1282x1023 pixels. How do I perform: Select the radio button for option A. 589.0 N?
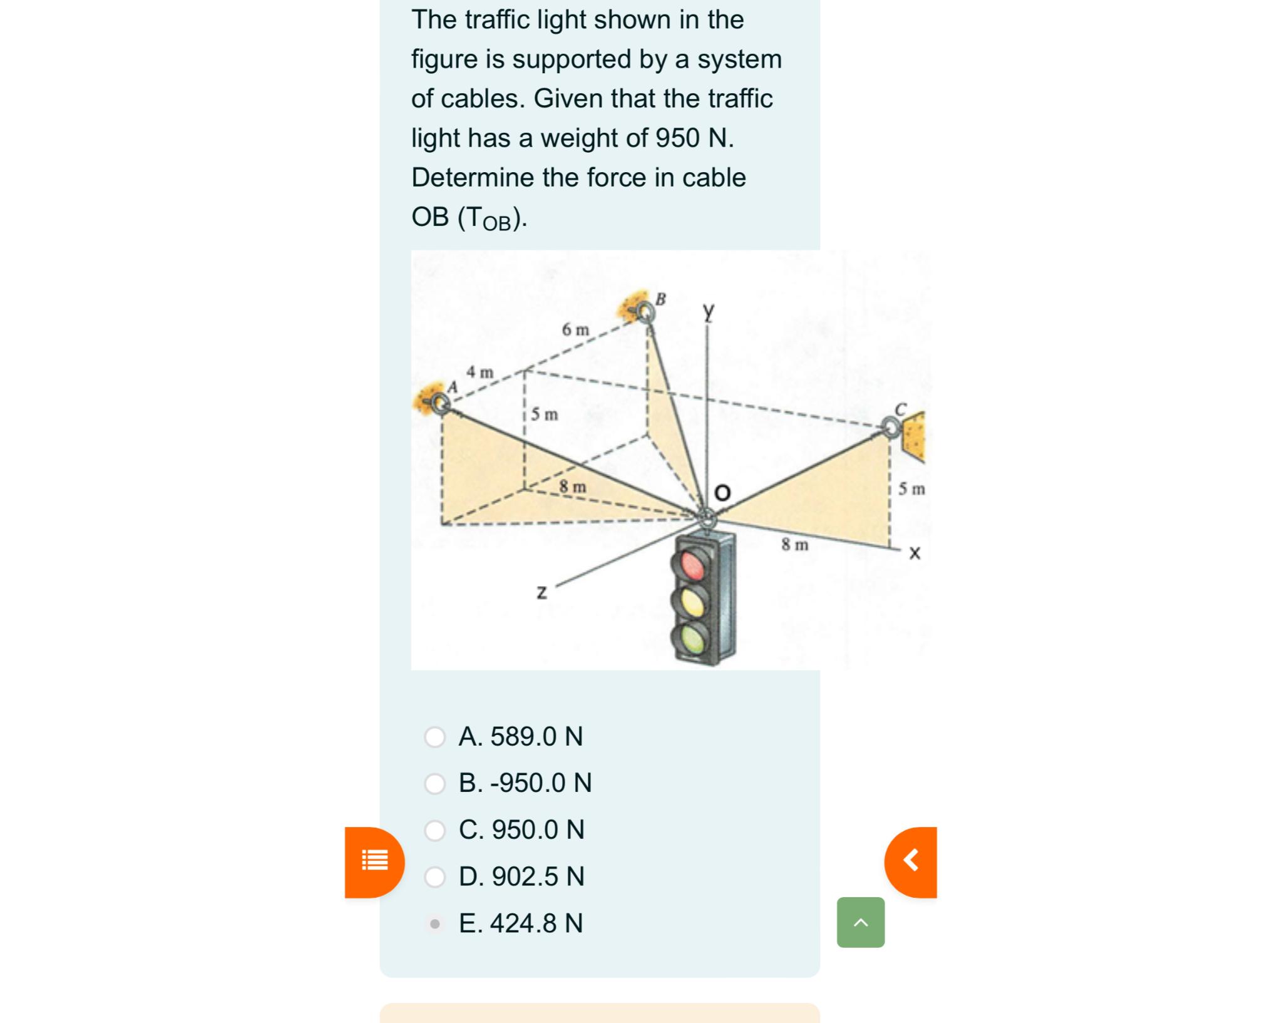click(x=434, y=737)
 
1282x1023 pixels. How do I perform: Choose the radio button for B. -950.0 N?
click(x=434, y=784)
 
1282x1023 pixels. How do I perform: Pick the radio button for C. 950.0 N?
click(x=434, y=830)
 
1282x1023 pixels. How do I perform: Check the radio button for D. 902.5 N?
click(x=434, y=877)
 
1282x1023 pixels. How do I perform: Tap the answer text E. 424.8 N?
click(x=520, y=923)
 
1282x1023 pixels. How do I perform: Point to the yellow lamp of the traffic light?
click(x=692, y=602)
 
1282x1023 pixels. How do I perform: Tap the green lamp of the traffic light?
click(x=692, y=639)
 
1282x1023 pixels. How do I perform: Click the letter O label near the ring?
click(x=722, y=493)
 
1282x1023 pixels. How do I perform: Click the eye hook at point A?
click(x=441, y=404)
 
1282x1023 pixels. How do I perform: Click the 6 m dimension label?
click(x=575, y=329)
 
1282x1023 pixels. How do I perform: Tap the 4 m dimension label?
click(x=479, y=373)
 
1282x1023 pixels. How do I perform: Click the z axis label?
click(x=542, y=592)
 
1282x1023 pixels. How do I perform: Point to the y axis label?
click(x=708, y=311)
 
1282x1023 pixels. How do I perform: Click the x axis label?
click(x=915, y=553)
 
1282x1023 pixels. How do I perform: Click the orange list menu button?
click(x=375, y=861)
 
